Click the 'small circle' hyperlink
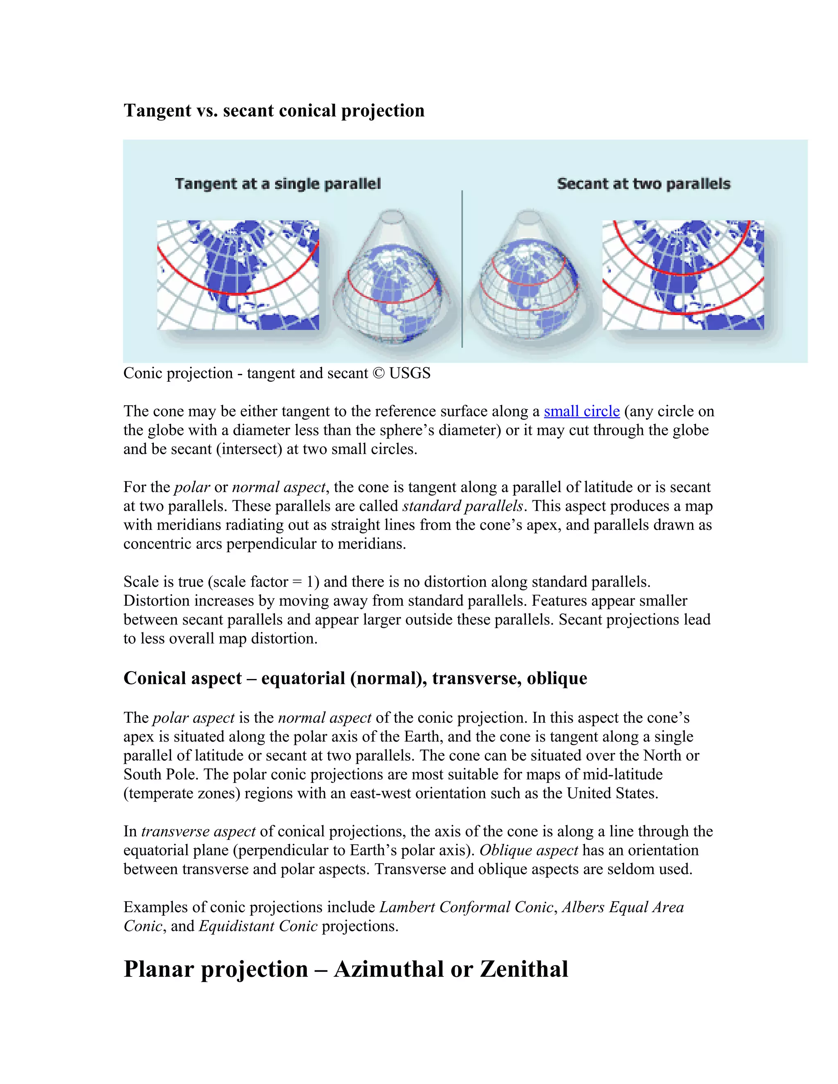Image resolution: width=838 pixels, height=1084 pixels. (581, 412)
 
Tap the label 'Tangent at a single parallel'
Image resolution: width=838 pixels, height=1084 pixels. (277, 184)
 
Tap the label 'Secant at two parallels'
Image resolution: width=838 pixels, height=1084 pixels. (643, 184)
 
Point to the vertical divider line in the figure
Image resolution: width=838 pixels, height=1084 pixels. (462, 268)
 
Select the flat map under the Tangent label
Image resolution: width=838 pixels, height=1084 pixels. (238, 275)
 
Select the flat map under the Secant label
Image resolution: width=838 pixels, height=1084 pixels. (683, 275)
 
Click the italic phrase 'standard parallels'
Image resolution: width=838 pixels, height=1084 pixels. (463, 506)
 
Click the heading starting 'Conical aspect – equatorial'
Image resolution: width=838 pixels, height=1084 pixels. (355, 679)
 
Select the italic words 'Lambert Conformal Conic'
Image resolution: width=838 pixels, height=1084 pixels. (466, 907)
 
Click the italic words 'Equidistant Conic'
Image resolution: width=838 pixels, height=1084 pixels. (258, 926)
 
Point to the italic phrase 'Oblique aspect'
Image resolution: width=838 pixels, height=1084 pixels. (528, 850)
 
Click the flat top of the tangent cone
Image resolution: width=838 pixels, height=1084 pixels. (392, 217)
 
